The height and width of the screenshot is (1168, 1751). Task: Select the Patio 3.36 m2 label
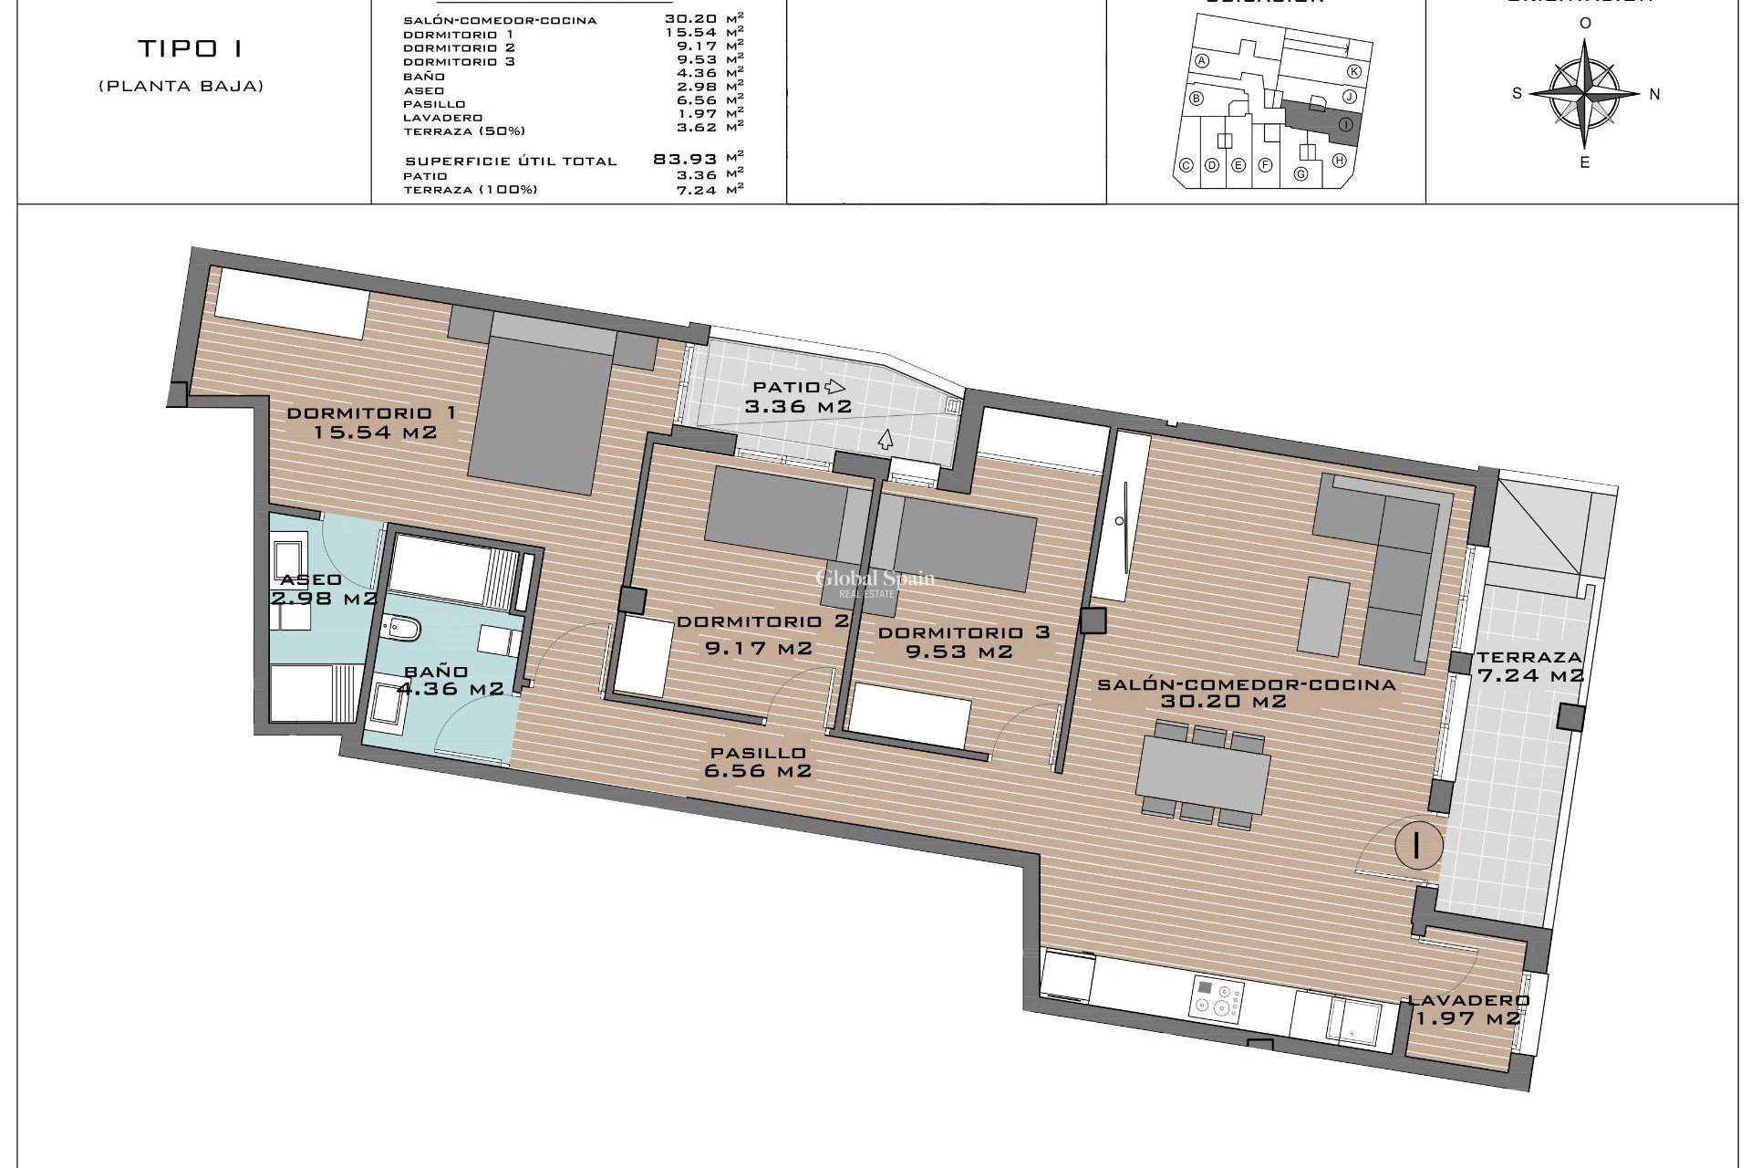click(798, 397)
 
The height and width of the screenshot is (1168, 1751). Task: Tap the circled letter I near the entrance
click(1417, 844)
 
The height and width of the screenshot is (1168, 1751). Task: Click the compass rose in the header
click(1585, 94)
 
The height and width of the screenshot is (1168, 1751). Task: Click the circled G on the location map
click(1301, 174)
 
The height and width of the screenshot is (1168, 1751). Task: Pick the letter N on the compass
click(1654, 94)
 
